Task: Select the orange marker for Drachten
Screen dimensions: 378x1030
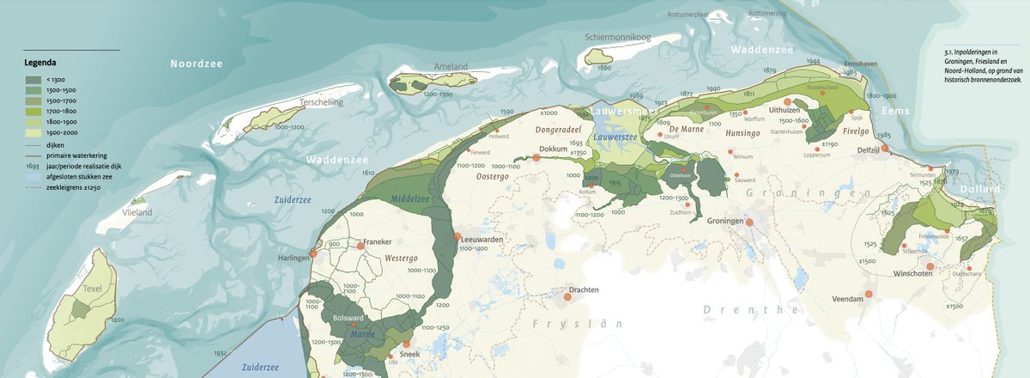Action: click(x=567, y=299)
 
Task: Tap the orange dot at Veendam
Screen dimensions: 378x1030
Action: click(x=868, y=295)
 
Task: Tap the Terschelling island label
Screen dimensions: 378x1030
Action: click(x=319, y=102)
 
